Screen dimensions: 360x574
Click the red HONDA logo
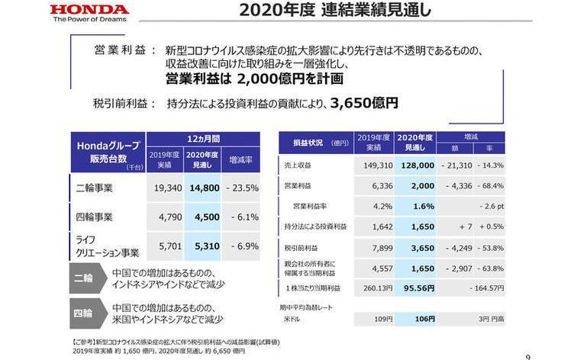click(x=91, y=11)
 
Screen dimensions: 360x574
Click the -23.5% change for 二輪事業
click(x=240, y=188)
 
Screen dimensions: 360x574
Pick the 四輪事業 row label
click(x=95, y=217)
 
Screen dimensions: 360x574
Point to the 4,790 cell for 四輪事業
click(x=167, y=217)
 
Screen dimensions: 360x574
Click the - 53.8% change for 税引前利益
click(x=489, y=247)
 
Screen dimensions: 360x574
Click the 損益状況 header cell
click(x=314, y=143)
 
